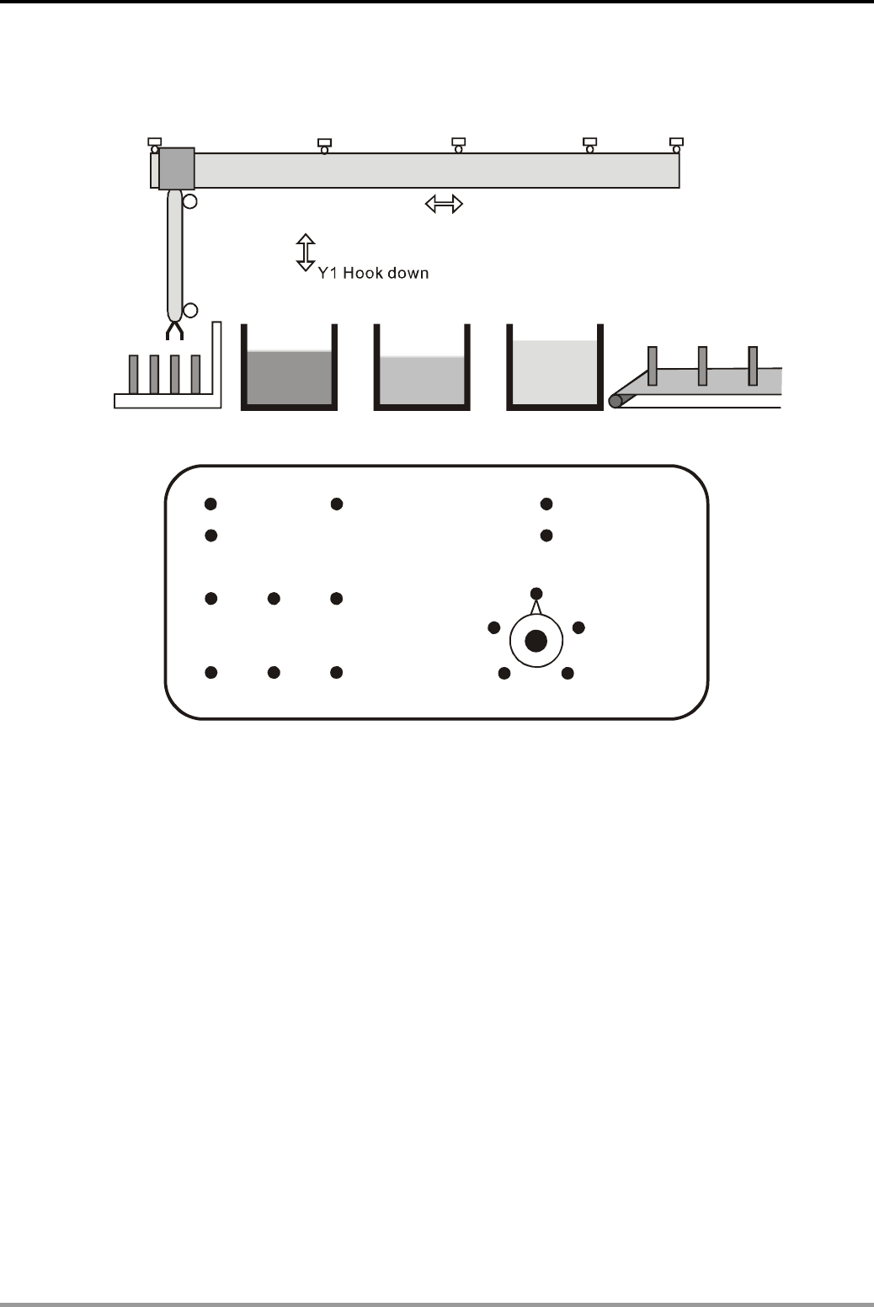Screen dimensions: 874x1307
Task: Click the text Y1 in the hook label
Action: coord(326,273)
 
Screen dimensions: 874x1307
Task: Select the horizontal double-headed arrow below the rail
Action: coord(444,203)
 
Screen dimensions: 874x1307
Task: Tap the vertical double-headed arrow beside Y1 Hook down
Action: coord(306,253)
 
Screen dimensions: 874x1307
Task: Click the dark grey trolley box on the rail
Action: coord(177,168)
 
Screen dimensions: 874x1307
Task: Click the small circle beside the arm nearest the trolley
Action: coord(190,201)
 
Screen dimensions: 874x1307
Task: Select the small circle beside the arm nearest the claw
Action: coord(190,311)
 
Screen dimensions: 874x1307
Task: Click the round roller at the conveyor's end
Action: coord(616,401)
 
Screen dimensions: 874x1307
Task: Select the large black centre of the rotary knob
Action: coord(536,642)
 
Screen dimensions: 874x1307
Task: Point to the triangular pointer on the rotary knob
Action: coord(536,605)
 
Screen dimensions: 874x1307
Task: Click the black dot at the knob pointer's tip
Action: coord(536,594)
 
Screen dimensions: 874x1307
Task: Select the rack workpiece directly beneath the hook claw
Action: coord(175,374)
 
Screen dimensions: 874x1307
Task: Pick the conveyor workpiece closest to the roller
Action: coord(652,365)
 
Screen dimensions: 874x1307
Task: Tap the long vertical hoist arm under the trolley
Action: coord(175,253)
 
